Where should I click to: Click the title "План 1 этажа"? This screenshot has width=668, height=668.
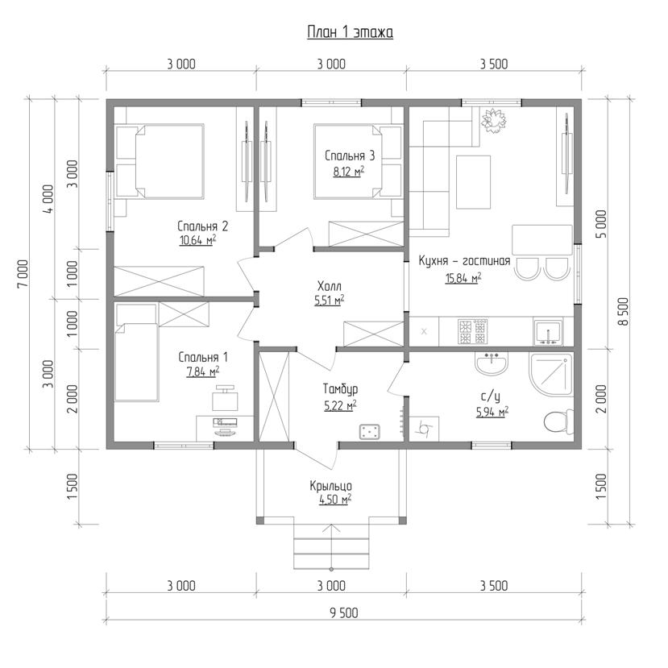coord(351,32)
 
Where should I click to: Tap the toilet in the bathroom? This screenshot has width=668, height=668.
coord(559,421)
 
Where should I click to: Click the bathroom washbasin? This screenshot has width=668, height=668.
coord(492,363)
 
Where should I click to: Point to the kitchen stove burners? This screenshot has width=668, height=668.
coord(473,331)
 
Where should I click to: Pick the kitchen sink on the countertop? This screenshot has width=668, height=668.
coord(549,332)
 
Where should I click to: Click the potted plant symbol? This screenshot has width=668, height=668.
coord(494,121)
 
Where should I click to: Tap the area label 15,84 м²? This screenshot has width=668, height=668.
coord(463,278)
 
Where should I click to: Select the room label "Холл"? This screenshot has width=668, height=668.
coord(330,286)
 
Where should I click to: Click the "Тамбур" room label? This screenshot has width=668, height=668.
coord(340,389)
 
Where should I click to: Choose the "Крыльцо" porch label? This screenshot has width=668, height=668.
coord(330,486)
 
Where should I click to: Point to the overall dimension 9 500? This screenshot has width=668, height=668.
coord(344,613)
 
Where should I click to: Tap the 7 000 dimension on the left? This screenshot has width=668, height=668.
coord(23,273)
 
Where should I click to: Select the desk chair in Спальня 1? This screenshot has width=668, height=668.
coord(225,397)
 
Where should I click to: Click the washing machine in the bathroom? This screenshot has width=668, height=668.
coord(424,429)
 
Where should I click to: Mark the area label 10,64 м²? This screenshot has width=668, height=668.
coord(197,240)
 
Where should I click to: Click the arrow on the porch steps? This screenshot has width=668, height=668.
coord(331,547)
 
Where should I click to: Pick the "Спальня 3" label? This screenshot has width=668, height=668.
coord(350,156)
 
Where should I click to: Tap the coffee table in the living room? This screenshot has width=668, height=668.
coord(473,182)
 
